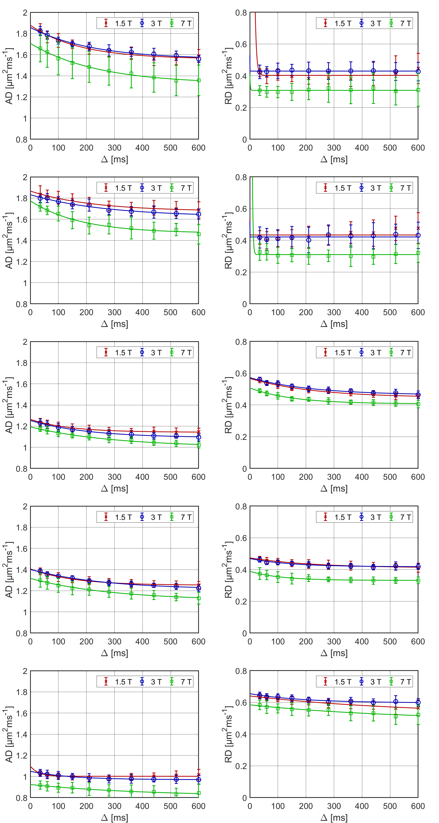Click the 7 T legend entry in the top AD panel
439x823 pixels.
click(181, 23)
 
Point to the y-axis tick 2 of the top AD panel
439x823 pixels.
click(25, 13)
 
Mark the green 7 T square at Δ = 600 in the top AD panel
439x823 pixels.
click(198, 81)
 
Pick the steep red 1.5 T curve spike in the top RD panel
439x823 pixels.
click(256, 19)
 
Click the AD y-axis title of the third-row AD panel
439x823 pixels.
click(9, 405)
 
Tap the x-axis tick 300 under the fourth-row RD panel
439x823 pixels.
click(334, 642)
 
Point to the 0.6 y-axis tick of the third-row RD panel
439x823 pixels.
click(241, 373)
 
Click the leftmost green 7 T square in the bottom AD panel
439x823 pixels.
click(40, 785)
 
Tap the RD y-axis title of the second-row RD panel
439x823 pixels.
click(228, 240)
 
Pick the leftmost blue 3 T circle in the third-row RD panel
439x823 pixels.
click(260, 380)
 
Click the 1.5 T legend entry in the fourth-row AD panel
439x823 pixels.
click(118, 517)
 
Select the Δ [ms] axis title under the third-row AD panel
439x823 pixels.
click(114, 489)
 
